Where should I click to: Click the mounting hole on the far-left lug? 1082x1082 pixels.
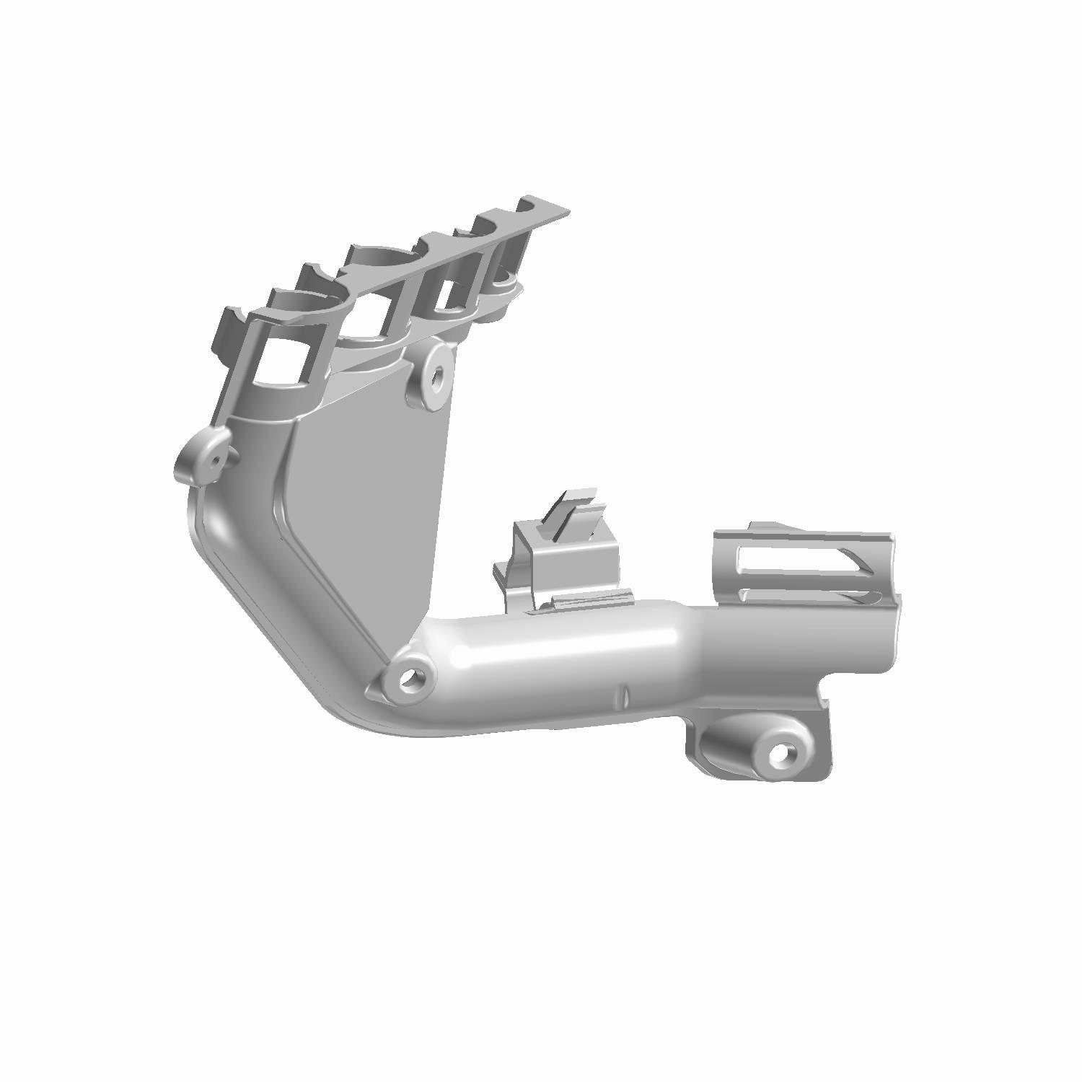pyautogui.click(x=214, y=459)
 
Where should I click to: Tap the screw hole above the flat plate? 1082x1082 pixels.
pyautogui.click(x=436, y=375)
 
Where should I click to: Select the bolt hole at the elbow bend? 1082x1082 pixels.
pyautogui.click(x=410, y=677)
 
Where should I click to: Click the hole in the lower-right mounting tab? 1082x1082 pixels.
pyautogui.click(x=780, y=754)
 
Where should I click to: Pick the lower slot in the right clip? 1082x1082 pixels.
pyautogui.click(x=808, y=595)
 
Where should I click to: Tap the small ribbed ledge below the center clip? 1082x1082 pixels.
pyautogui.click(x=591, y=598)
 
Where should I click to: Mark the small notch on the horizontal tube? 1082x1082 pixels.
pyautogui.click(x=625, y=696)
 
